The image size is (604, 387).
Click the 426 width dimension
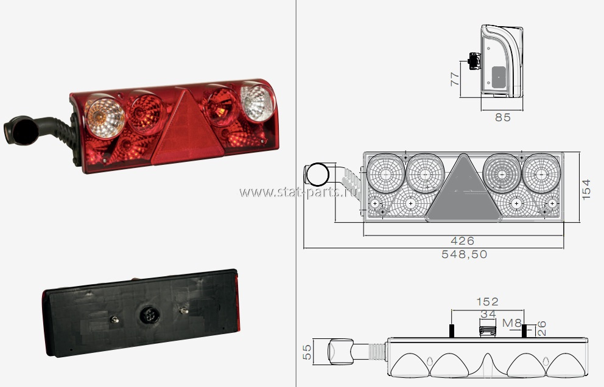462,241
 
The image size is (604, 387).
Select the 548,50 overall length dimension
464,254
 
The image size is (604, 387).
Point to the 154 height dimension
586,189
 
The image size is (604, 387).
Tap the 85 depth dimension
503,117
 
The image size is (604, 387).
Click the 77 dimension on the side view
455,79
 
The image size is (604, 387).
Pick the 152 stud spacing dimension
487,302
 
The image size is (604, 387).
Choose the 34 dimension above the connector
488,314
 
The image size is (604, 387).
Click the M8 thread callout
512,322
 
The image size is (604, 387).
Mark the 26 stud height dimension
541,329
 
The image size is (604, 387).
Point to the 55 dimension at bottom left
307,352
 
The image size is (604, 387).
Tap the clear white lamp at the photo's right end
258,102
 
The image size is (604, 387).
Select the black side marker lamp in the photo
21,131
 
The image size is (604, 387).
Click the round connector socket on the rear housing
149,315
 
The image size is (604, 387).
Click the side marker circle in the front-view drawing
317,175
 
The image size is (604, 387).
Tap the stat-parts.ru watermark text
298,192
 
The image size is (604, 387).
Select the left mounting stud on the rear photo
114,319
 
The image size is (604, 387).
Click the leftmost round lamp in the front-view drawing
385,173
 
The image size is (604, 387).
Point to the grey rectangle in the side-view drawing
499,76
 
